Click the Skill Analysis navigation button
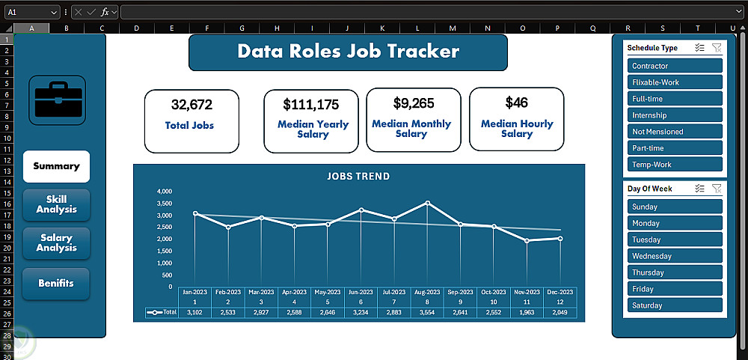click(56, 205)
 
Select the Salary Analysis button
click(56, 243)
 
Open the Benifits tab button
click(56, 284)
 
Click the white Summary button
click(56, 167)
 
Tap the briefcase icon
click(58, 100)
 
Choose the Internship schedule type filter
click(675, 115)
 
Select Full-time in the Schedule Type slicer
click(675, 99)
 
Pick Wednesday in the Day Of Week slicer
click(675, 257)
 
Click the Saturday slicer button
click(675, 305)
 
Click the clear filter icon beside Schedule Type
click(717, 47)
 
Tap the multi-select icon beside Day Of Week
click(700, 188)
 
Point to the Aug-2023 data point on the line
click(427, 203)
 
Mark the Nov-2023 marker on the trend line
click(527, 241)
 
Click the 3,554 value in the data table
click(427, 312)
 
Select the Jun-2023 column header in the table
click(361, 292)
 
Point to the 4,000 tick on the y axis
click(164, 192)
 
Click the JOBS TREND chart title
click(358, 176)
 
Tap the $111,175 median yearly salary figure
click(311, 104)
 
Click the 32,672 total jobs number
click(191, 105)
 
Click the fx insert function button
click(105, 12)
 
